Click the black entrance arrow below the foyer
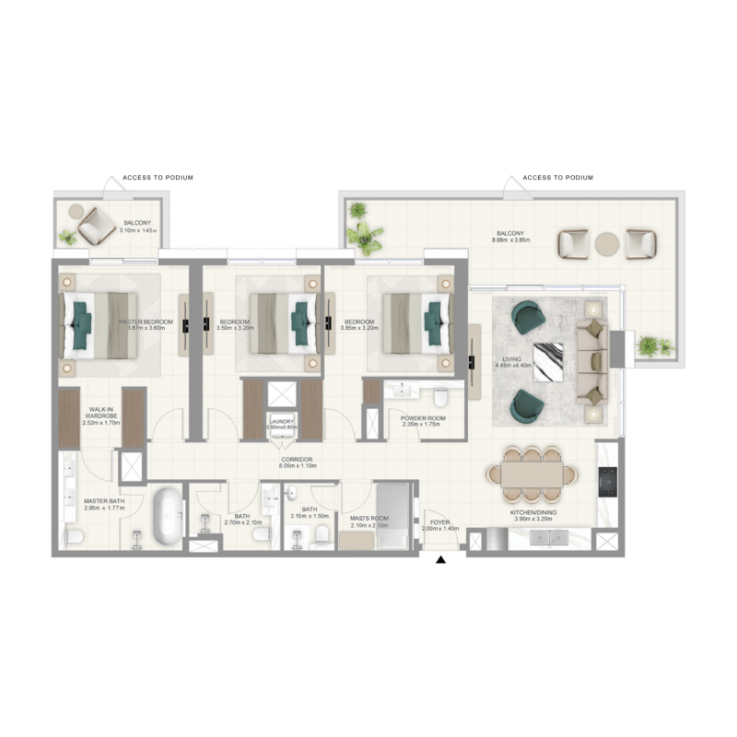440,559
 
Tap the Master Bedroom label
140,325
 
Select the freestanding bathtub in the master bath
167,517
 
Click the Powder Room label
423,422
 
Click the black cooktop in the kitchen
607,480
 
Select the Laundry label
280,424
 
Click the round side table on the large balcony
607,244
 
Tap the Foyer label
439,525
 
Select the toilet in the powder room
440,397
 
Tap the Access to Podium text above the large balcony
557,177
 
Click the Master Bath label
103,504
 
